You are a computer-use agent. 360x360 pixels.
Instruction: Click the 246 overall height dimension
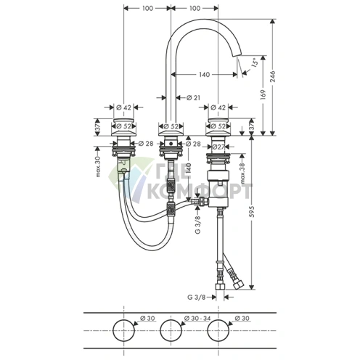tap(272, 76)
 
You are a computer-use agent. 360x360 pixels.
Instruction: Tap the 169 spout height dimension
tap(263, 94)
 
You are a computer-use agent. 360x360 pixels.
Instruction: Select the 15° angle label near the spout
tap(254, 62)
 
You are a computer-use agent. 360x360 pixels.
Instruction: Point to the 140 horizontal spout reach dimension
tap(205, 75)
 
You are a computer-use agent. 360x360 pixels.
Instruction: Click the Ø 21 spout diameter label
tap(194, 97)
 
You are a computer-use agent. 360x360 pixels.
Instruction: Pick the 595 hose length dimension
tap(252, 211)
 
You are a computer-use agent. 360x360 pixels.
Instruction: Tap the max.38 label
tap(243, 173)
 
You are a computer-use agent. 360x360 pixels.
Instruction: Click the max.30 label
tap(98, 166)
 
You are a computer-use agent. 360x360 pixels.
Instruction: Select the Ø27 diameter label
tap(218, 147)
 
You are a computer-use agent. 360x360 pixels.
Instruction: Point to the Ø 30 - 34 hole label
tap(197, 319)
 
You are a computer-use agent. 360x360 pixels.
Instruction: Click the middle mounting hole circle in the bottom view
tap(171, 330)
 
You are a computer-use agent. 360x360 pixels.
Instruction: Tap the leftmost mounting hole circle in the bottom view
tap(123, 330)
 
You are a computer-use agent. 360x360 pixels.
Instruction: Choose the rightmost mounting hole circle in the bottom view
tap(218, 330)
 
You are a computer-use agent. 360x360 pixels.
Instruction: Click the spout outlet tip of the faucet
tap(237, 55)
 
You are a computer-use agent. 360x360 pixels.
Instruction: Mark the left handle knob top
tap(123, 120)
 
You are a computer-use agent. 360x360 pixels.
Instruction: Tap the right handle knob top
tap(218, 120)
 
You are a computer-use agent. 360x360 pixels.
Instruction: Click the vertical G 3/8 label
tap(198, 225)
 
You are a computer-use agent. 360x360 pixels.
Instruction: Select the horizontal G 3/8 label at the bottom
tap(197, 297)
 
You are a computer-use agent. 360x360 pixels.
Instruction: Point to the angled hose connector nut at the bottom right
tap(238, 284)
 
